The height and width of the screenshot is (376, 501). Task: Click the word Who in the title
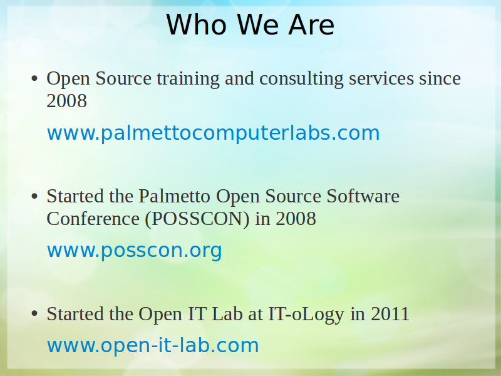point(197,24)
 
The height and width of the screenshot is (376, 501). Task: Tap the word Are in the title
point(311,24)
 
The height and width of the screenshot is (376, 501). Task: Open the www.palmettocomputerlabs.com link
point(213,133)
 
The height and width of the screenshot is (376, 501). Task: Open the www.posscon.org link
point(134,250)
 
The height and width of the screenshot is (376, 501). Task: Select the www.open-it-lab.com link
point(153,345)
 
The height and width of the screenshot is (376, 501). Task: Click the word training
point(188,79)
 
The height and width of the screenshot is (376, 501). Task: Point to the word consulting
point(301,79)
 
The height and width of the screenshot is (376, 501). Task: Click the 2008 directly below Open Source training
point(66,101)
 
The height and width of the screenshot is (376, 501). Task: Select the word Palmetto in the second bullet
point(174,196)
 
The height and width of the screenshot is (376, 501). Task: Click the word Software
point(363,196)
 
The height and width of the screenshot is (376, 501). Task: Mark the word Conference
point(93,219)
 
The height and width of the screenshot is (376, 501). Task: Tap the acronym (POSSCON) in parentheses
point(197,219)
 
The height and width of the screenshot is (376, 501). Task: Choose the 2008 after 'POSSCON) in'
point(296,219)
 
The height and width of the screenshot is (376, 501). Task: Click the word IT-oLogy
point(306,314)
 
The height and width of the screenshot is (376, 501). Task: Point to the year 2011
point(390,314)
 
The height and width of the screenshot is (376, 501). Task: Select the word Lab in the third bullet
point(227,314)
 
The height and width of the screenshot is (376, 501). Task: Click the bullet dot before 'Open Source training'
point(34,79)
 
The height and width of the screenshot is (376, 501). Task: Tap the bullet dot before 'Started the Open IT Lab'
point(34,314)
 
